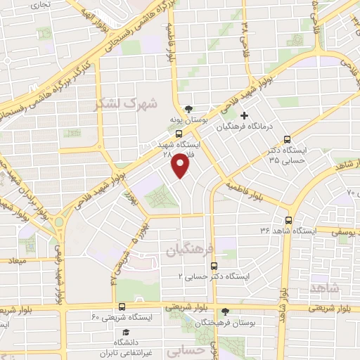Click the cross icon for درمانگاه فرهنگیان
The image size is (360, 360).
click(244, 115)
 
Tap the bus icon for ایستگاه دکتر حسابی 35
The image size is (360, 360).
click(286, 139)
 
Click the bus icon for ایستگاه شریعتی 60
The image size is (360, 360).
click(122, 307)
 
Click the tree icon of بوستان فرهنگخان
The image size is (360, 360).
click(225, 310)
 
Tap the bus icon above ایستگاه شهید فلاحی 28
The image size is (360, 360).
click(179, 132)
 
